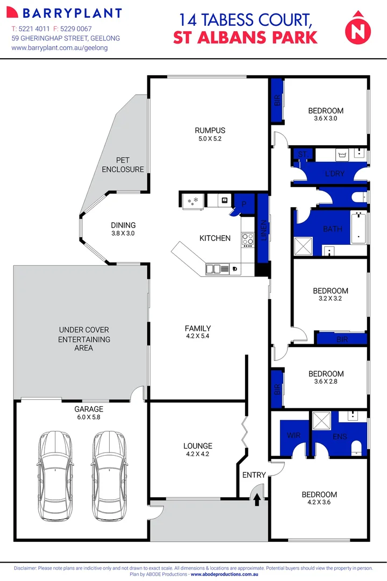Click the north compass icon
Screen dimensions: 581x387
(357, 28)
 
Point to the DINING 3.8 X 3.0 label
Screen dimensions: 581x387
(123, 229)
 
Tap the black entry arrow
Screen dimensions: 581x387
(257, 500)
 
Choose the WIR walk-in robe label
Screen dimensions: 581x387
(293, 435)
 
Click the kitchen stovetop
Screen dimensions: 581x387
(248, 238)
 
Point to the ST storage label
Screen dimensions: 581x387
(303, 154)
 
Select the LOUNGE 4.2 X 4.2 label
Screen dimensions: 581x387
(198, 450)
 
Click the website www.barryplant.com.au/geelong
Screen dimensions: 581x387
(60, 48)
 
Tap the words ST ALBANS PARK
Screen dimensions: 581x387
(245, 37)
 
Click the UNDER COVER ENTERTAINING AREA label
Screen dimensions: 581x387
(84, 339)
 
